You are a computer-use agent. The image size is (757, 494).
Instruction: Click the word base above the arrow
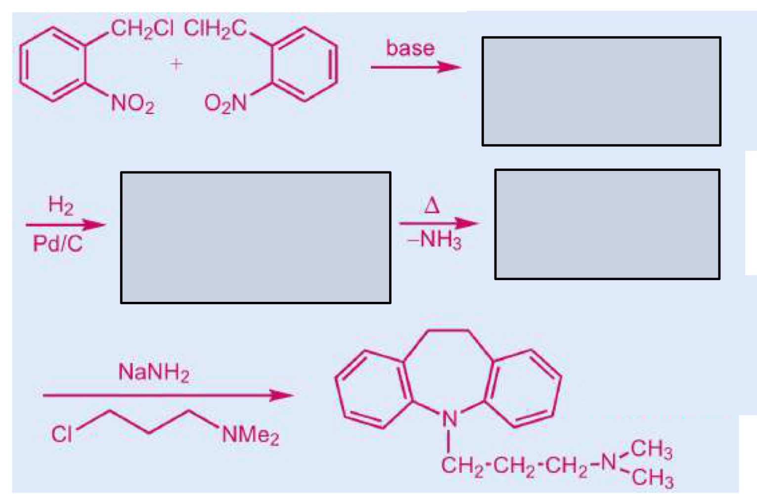coord(410,48)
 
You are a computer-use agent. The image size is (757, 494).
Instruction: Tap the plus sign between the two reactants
coord(176,64)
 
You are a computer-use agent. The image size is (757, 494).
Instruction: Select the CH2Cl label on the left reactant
coord(142,29)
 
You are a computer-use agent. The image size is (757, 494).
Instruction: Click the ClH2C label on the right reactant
coord(215,29)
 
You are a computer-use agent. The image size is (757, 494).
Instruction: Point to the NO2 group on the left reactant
coord(133,104)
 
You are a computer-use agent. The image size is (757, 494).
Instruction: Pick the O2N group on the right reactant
coord(225,104)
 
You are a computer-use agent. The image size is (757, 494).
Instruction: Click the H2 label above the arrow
coord(61,206)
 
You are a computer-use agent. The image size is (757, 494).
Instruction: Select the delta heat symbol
coord(432,205)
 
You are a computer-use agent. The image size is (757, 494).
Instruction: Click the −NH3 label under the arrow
coord(434,241)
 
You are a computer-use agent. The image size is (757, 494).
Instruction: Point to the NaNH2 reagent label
coord(154,373)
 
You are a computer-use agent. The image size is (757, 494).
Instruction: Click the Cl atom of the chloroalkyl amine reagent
coord(61,434)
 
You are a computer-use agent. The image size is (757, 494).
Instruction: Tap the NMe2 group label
coord(250,435)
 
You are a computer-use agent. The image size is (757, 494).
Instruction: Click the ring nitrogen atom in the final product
coord(449,419)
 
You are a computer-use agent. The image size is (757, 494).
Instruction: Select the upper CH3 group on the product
coord(651,450)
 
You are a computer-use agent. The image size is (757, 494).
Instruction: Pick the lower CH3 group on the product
coord(652,479)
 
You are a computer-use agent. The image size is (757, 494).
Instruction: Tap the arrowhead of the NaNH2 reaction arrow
coord(282,395)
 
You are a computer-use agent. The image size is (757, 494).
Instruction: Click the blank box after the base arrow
coord(602,91)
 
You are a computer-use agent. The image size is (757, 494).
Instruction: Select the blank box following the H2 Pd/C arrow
coord(256,238)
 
